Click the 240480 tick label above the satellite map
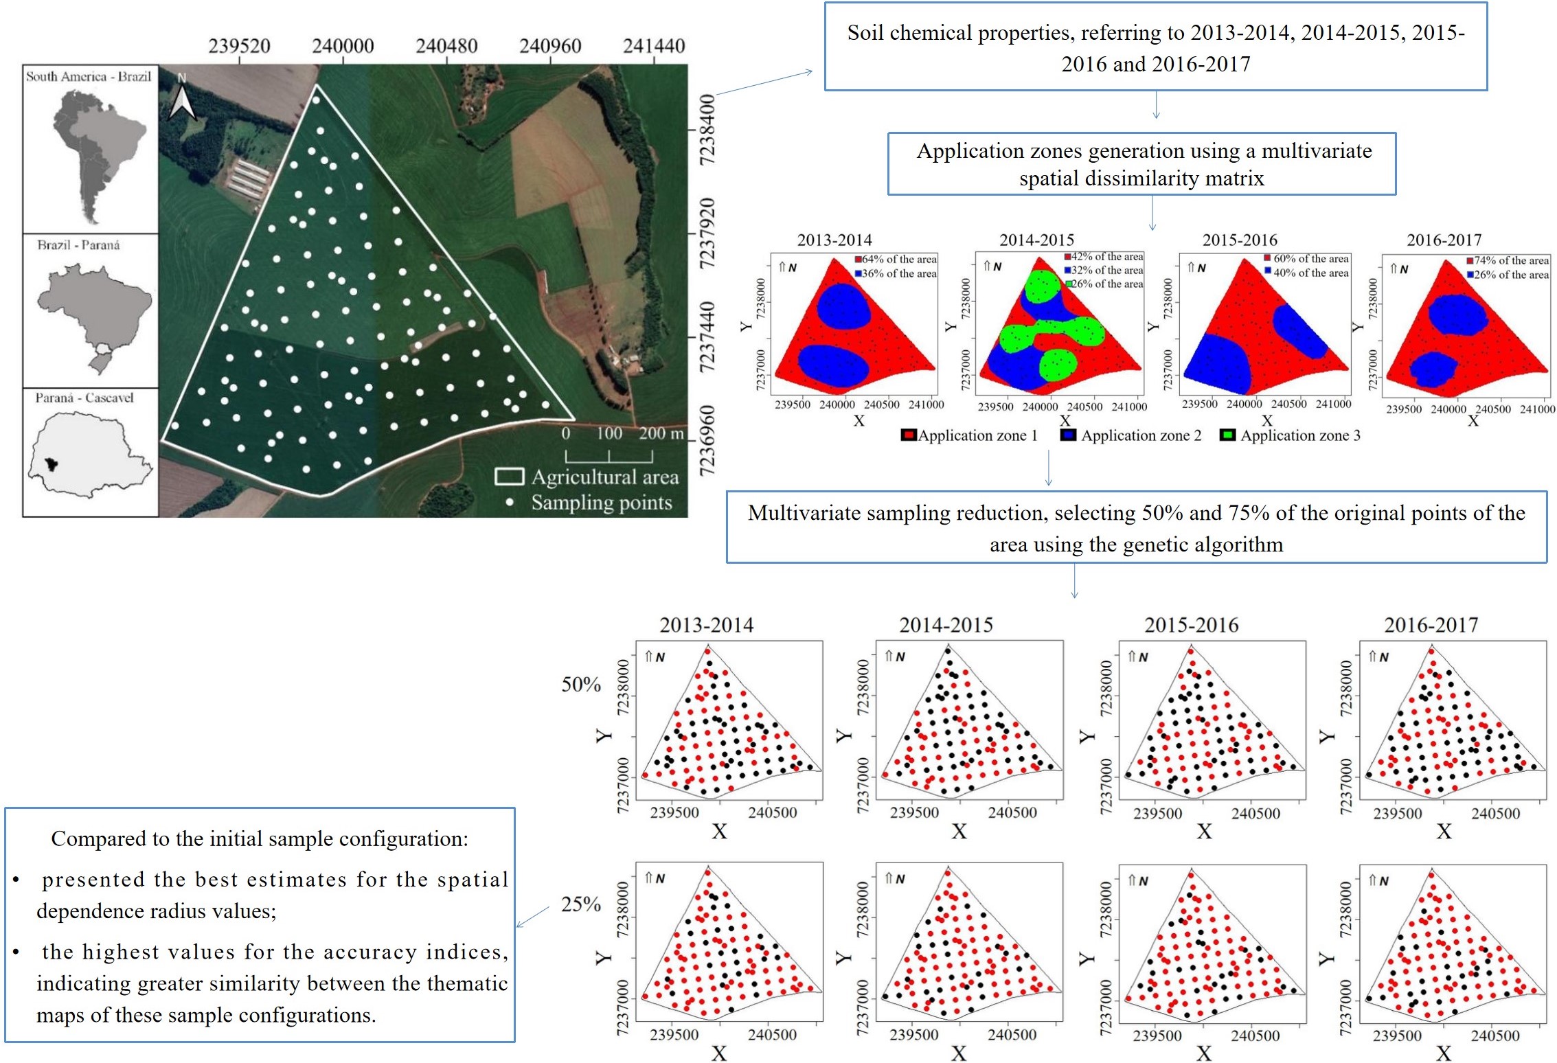(x=446, y=46)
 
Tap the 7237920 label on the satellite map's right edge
(x=707, y=233)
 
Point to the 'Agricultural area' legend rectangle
(x=509, y=477)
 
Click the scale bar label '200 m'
(x=661, y=433)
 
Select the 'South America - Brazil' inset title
(x=89, y=76)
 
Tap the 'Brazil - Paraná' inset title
(x=78, y=245)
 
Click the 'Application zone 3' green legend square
(x=1227, y=435)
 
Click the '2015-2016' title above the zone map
(x=1239, y=240)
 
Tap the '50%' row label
(x=581, y=684)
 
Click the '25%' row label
(x=581, y=904)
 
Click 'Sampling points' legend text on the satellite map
(x=602, y=503)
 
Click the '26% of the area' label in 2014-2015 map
(x=1108, y=284)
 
